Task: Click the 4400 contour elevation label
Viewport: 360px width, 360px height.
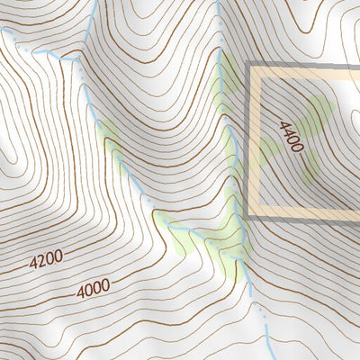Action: [292, 137]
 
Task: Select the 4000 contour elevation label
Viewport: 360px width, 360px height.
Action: [93, 289]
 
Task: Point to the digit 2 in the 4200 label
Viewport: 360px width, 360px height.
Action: [42, 262]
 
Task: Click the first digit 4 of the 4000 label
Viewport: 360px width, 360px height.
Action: [80, 292]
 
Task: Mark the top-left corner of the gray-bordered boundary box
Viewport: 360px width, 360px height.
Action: [248, 65]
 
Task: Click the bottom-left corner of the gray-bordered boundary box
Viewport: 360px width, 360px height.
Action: [248, 215]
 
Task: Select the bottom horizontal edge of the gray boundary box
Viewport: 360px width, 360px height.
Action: [306, 215]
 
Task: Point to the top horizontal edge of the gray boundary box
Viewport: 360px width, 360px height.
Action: [306, 65]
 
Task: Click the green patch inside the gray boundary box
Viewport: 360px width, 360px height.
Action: [310, 135]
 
